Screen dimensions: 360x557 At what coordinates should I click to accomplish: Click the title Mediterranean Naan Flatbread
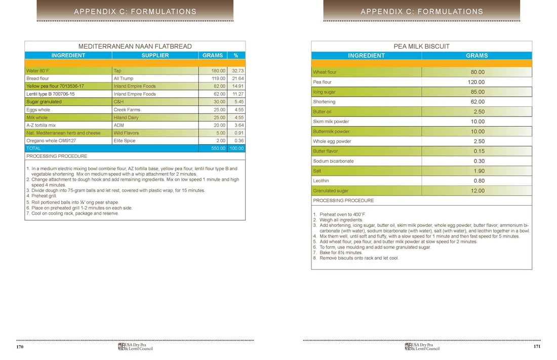pyautogui.click(x=135, y=46)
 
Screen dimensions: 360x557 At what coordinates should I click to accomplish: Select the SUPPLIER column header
pyautogui.click(x=155, y=55)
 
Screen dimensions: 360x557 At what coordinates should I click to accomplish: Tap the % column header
pyautogui.click(x=236, y=55)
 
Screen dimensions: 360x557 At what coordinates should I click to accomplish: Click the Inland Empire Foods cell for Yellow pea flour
pyautogui.click(x=135, y=86)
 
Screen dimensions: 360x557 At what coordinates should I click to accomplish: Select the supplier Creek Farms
pyautogui.click(x=126, y=109)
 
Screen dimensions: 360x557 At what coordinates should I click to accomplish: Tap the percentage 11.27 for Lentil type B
pyautogui.click(x=236, y=94)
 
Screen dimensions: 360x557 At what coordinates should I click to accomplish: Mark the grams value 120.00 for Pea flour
pyautogui.click(x=478, y=82)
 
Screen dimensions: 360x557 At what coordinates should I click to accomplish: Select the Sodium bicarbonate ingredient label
pyautogui.click(x=333, y=161)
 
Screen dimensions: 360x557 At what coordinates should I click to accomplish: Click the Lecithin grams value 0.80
pyautogui.click(x=479, y=181)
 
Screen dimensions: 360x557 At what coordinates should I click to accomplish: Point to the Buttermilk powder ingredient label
pyautogui.click(x=331, y=132)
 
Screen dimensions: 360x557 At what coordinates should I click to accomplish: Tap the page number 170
pyautogui.click(x=20, y=347)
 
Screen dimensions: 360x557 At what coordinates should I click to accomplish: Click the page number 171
pyautogui.click(x=537, y=347)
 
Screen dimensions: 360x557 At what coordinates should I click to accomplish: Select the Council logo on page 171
pyautogui.click(x=422, y=346)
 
